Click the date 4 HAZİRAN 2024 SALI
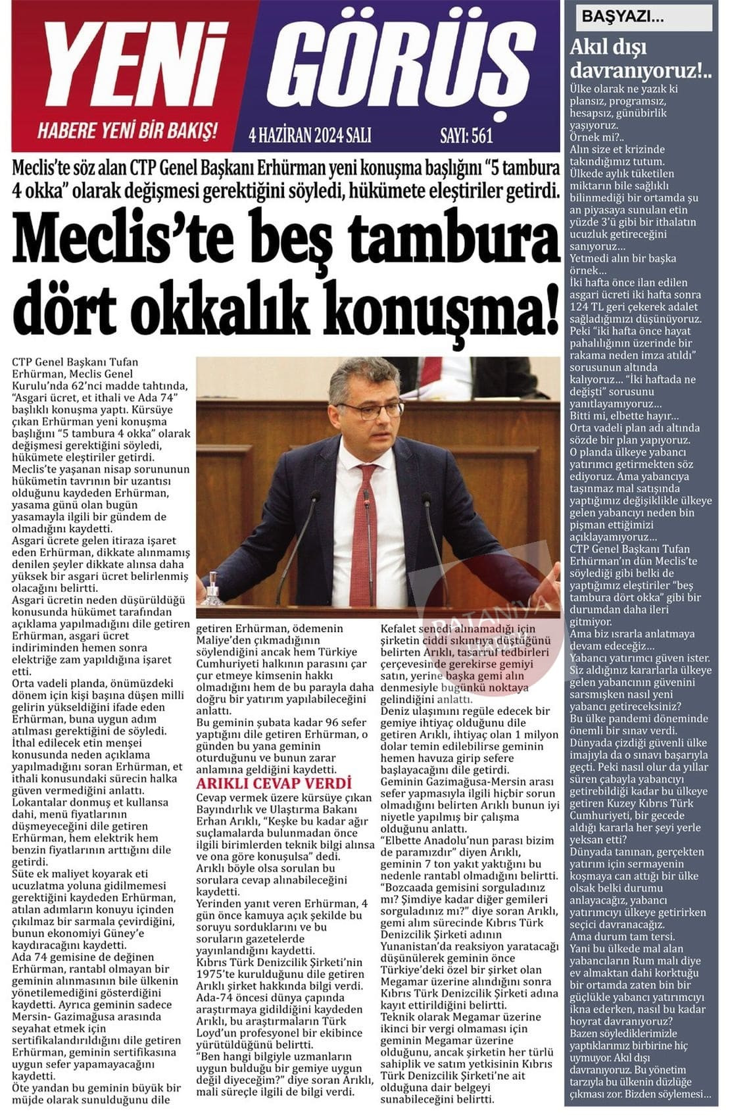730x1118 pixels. point(310,135)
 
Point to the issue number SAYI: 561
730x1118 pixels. point(466,135)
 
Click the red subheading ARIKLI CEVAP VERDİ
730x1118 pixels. point(274,783)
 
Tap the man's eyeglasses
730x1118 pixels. point(370,410)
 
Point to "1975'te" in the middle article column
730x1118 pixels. point(218,974)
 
